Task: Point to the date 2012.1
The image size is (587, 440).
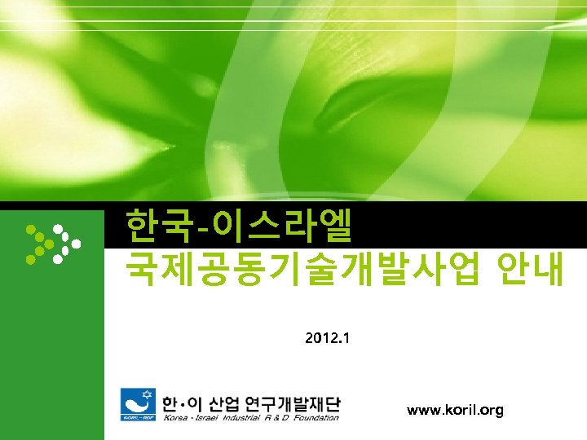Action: pyautogui.click(x=326, y=337)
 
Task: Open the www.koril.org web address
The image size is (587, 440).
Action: pyautogui.click(x=455, y=411)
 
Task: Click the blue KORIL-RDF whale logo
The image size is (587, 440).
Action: pyautogui.click(x=137, y=404)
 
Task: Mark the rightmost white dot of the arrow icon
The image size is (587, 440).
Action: pyautogui.click(x=77, y=243)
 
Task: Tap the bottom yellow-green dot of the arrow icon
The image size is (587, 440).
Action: pyautogui.click(x=31, y=259)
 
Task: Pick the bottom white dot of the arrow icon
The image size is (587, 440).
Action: pyautogui.click(x=57, y=260)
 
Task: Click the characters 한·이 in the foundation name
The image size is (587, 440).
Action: pyautogui.click(x=182, y=403)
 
